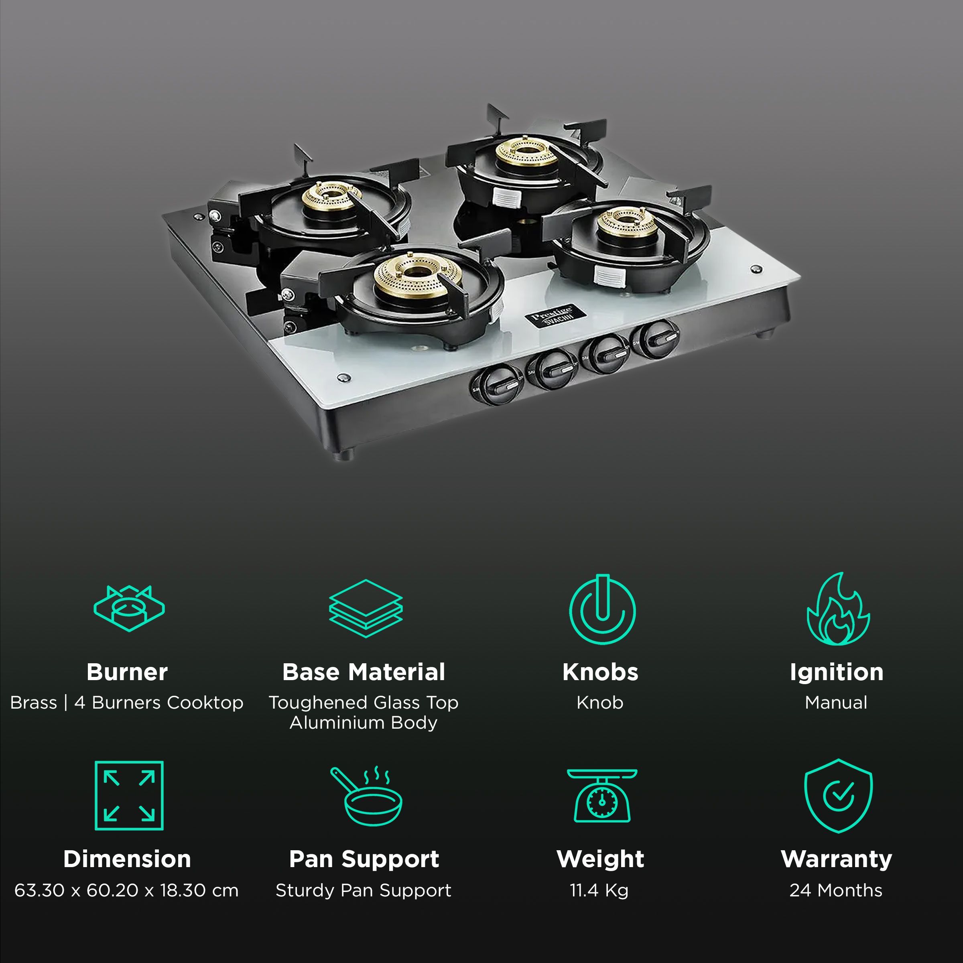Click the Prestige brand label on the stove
[552, 315]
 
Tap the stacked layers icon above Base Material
[366, 609]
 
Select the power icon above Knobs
[602, 609]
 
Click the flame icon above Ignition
[838, 609]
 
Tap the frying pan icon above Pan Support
[366, 796]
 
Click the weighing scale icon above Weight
[602, 796]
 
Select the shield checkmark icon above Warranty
[838, 796]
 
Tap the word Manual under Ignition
[836, 702]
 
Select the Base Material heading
[364, 672]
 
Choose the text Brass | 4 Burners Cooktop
[127, 702]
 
